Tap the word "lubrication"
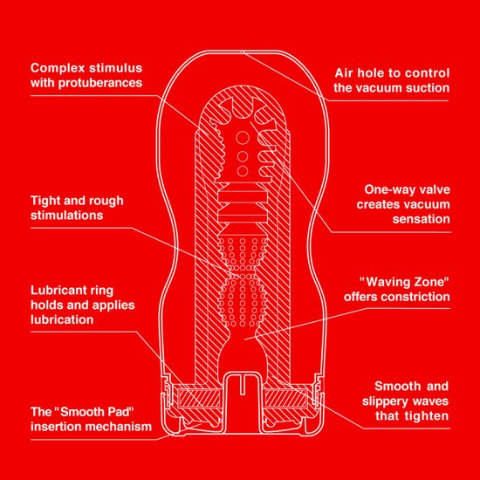tap(62, 320)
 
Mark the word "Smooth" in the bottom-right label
tap(400, 385)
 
